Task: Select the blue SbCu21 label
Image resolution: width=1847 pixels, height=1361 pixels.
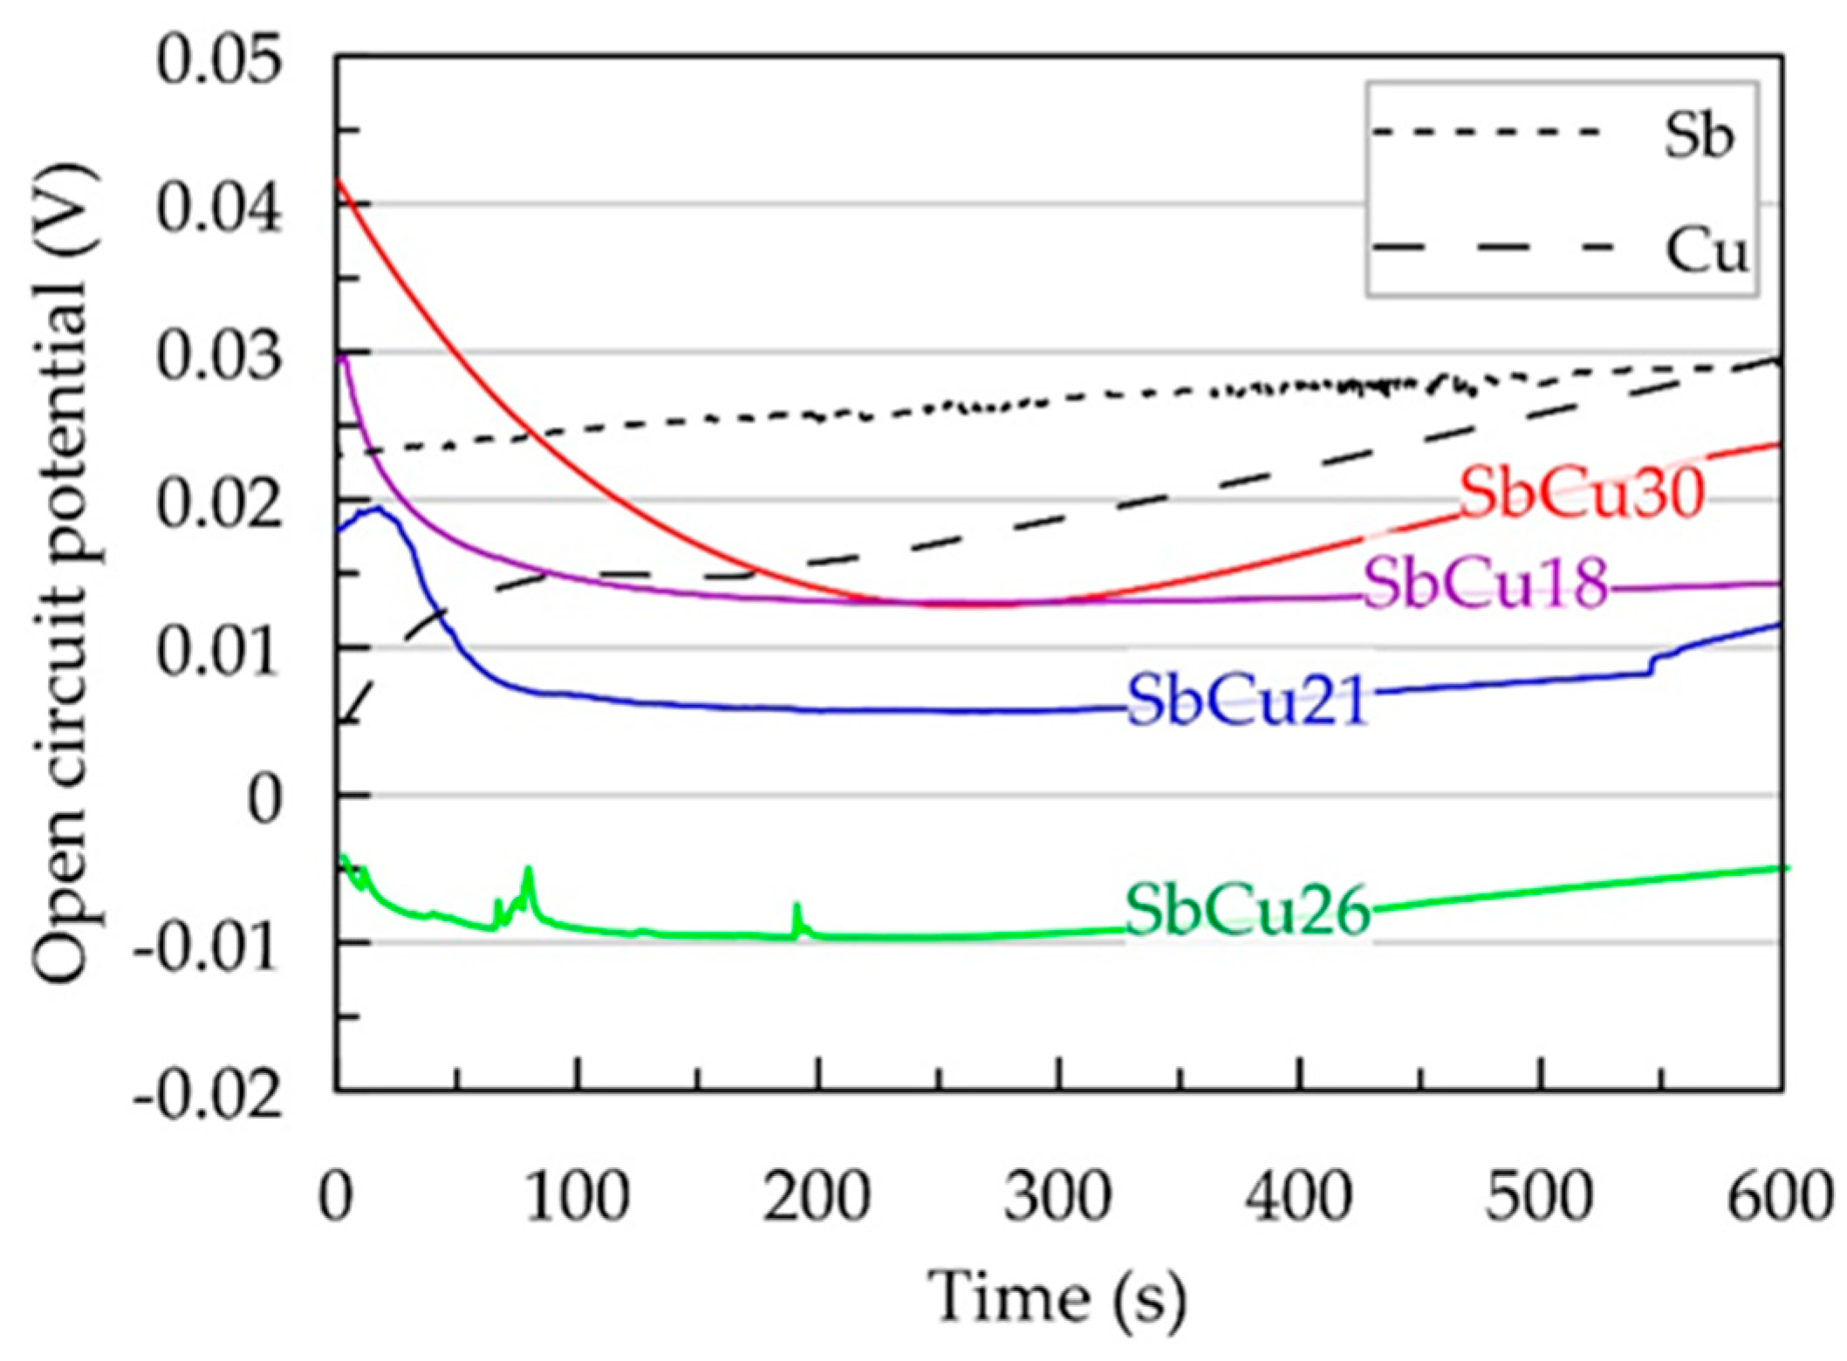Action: (x=1246, y=701)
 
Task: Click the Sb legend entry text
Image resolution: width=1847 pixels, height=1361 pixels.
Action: (x=1697, y=136)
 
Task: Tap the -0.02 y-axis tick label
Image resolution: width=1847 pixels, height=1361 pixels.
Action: (x=208, y=1092)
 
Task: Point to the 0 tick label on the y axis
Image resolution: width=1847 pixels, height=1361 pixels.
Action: (x=264, y=799)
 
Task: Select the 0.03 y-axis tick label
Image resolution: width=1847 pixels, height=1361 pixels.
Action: (x=218, y=356)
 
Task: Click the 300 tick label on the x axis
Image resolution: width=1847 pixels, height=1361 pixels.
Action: (x=1057, y=1197)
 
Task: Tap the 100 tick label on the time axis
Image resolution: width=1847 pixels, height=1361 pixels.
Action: (x=577, y=1197)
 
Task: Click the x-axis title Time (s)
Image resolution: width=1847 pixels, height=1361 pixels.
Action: (x=1057, y=1297)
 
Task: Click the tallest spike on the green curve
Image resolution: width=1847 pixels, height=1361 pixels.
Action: (x=528, y=869)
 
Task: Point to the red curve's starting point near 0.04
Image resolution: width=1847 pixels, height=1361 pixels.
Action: (x=339, y=181)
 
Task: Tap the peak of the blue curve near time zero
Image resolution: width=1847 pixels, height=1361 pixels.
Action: (x=377, y=507)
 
